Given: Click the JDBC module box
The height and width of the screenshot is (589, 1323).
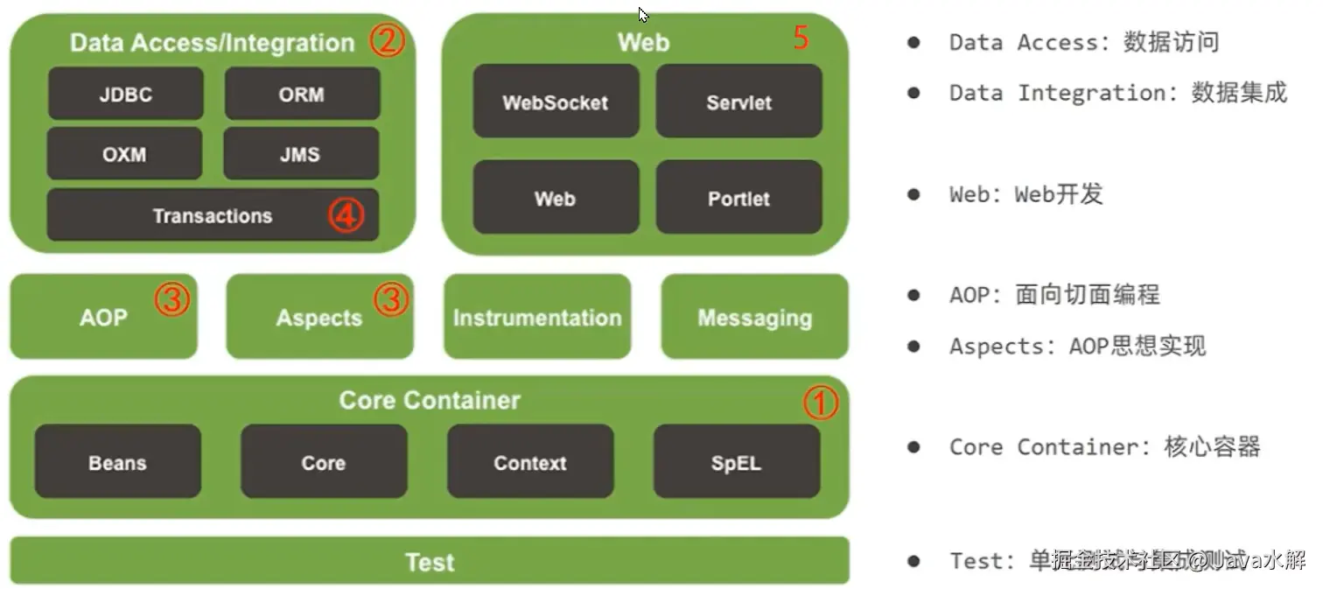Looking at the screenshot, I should [125, 94].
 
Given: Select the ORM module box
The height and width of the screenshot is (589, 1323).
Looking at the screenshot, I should [302, 94].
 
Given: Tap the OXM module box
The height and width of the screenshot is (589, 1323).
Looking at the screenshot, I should [124, 154].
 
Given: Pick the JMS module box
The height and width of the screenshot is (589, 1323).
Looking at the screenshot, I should [300, 154].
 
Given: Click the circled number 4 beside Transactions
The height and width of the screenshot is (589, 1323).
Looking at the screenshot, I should [346, 215].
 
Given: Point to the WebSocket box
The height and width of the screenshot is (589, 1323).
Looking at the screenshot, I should [556, 102].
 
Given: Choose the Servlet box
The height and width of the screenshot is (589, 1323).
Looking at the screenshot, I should [738, 102].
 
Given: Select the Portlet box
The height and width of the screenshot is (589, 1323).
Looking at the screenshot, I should [738, 198].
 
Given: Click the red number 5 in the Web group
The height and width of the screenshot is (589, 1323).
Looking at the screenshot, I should [801, 38].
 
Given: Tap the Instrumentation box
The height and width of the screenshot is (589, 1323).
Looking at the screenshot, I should [537, 317].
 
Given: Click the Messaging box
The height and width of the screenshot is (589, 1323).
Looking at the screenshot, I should [754, 317].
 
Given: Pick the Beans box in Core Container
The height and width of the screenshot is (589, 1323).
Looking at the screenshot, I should [117, 462].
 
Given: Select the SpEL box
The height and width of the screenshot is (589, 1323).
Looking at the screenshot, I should [736, 462].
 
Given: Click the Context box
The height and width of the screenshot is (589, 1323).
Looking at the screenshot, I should [530, 462].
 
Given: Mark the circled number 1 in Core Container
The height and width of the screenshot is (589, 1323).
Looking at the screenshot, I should [821, 403].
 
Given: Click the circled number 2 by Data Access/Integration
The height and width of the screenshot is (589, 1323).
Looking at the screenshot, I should [387, 40].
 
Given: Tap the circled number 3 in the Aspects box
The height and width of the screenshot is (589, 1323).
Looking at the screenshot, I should [391, 299].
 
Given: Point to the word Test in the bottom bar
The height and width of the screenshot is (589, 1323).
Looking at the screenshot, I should [430, 561].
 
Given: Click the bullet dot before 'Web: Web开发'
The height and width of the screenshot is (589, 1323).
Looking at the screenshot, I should [913, 193].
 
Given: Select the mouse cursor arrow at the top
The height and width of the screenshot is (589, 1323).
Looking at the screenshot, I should [643, 15].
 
